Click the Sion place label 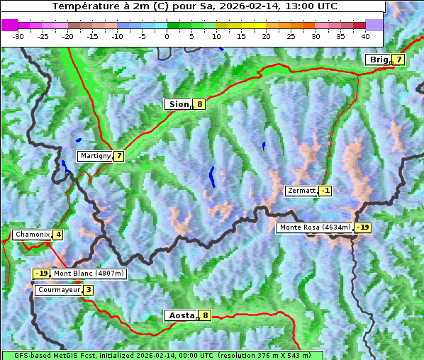tap(178, 104)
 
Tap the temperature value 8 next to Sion tap(200, 104)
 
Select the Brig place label tap(378, 60)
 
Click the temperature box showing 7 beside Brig tap(399, 60)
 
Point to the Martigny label tap(95, 156)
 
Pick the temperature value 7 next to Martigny tap(118, 156)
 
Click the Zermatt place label tap(301, 191)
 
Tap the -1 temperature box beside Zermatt tap(325, 191)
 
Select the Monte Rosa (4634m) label tap(315, 227)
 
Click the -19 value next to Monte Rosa tap(362, 227)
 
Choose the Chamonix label tap(32, 235)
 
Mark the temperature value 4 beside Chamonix tap(58, 235)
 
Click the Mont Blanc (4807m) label tap(89, 274)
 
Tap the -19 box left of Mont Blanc tap(41, 274)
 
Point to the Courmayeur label tap(58, 290)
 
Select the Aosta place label tap(180, 315)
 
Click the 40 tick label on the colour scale tap(365, 35)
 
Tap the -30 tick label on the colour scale tap(18, 35)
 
